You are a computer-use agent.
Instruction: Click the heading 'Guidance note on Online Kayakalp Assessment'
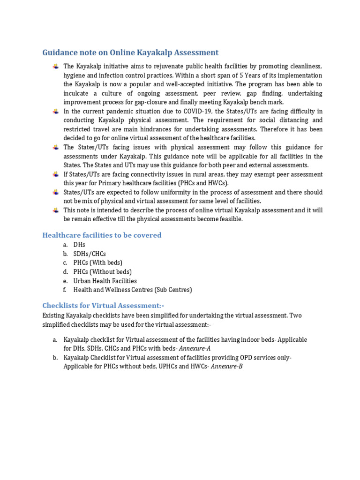(130, 52)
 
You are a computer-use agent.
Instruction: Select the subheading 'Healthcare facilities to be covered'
(102, 235)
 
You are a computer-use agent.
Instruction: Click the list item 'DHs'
(79, 245)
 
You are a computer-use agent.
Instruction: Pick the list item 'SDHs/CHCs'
(90, 254)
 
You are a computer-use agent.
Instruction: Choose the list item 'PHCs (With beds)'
(97, 262)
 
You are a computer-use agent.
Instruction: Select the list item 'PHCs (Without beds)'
(102, 272)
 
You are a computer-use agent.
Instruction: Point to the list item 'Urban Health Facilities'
(105, 281)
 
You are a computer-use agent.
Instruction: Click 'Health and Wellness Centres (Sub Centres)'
(132, 290)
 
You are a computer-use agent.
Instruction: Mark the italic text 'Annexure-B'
(227, 367)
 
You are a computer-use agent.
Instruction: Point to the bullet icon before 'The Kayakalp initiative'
(56, 67)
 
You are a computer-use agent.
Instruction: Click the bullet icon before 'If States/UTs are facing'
(56, 174)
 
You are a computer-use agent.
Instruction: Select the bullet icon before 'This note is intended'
(56, 210)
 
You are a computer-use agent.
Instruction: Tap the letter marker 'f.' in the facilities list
(65, 290)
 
